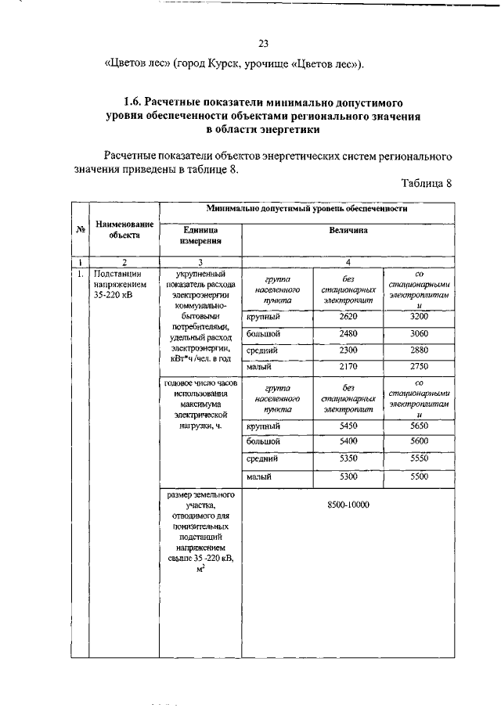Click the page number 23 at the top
click(263, 43)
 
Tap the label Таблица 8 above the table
click(427, 185)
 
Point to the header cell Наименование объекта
click(124, 228)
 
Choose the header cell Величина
click(348, 231)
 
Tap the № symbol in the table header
click(81, 228)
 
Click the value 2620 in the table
click(348, 316)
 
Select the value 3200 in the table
click(420, 316)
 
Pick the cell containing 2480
click(348, 333)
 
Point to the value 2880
click(420, 350)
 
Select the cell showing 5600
click(420, 441)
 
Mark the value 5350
click(348, 458)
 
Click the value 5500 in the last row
click(420, 476)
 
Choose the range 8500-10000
click(348, 505)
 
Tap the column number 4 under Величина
click(348, 262)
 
